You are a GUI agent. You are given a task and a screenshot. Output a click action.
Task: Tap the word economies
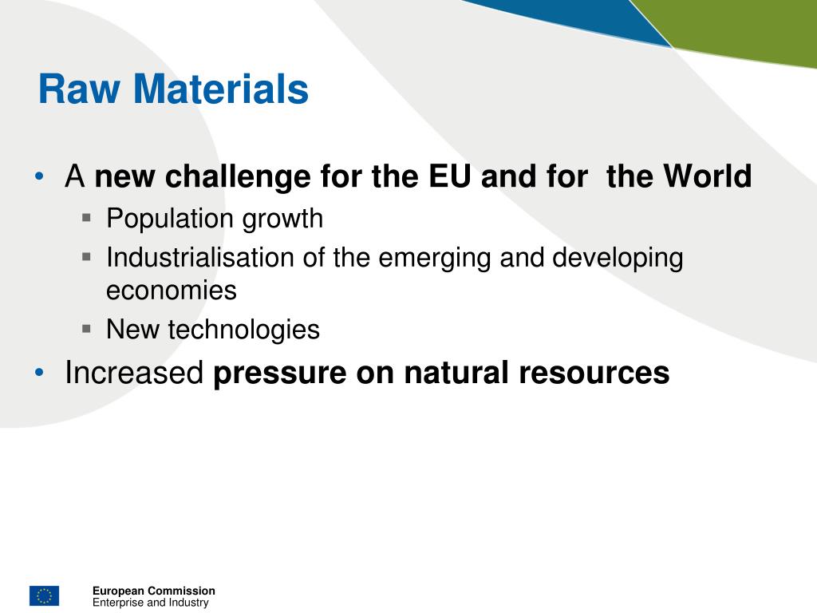click(172, 291)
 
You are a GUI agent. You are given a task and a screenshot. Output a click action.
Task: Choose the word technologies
click(243, 330)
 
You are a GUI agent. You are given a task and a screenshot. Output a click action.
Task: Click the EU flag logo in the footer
click(44, 595)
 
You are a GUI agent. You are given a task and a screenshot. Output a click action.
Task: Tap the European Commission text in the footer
click(153, 591)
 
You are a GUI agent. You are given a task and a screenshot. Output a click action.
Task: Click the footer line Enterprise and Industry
click(150, 603)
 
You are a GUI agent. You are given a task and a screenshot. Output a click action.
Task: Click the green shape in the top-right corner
click(742, 28)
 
